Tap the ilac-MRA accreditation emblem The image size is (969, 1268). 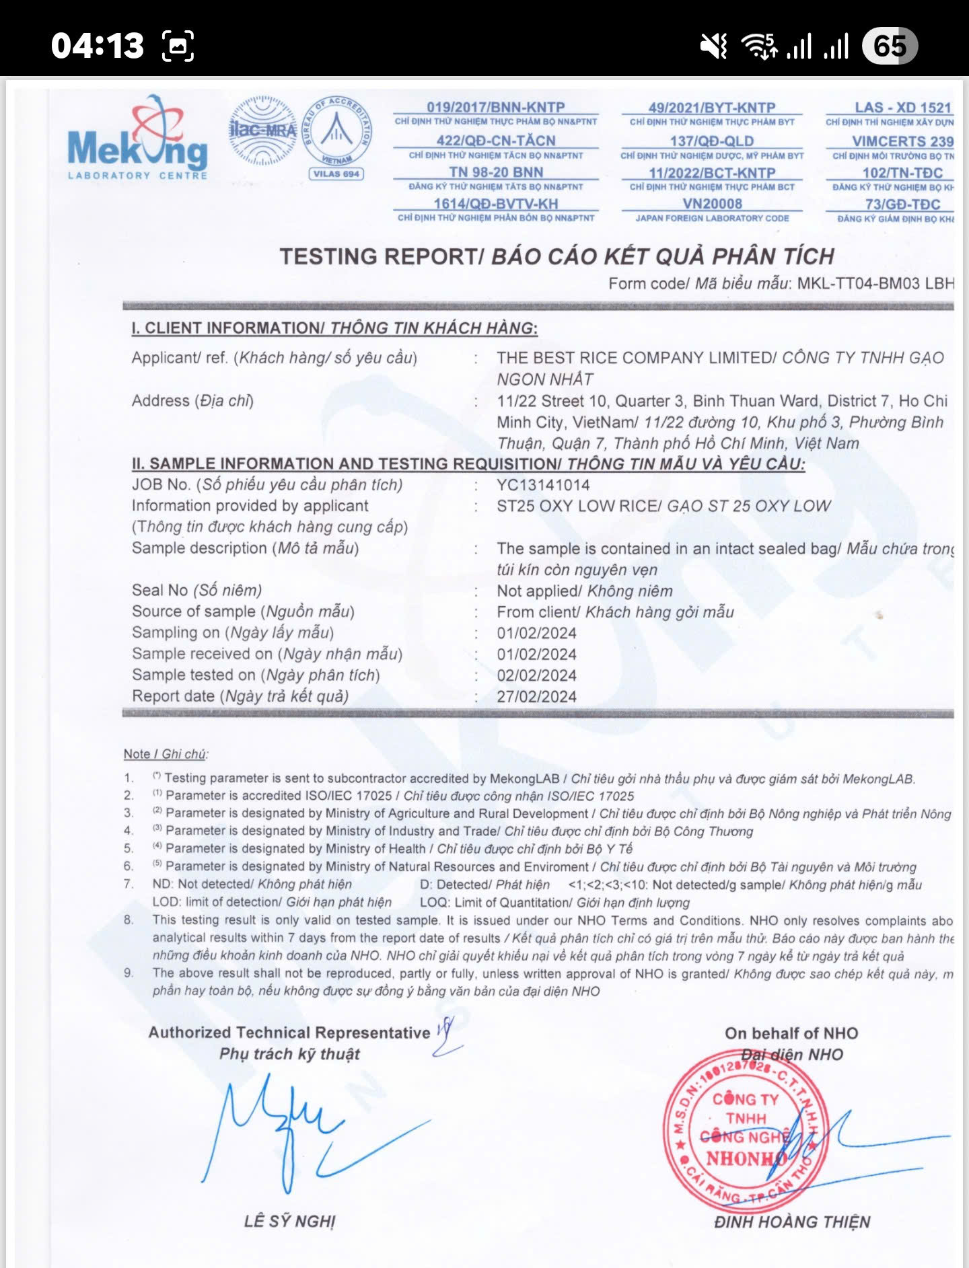pyautogui.click(x=262, y=130)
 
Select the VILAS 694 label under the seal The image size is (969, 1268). pyautogui.click(x=336, y=174)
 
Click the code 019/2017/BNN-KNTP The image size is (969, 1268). pyautogui.click(x=495, y=107)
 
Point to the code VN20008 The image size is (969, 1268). pyautogui.click(x=712, y=204)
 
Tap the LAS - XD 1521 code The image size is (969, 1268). pyautogui.click(x=902, y=108)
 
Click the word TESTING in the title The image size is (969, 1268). pyautogui.click(x=328, y=256)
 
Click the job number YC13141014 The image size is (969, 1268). pyautogui.click(x=543, y=485)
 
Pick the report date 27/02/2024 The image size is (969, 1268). pyautogui.click(x=536, y=697)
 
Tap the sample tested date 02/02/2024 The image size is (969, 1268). pyautogui.click(x=536, y=675)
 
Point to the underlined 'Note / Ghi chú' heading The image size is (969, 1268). pyautogui.click(x=166, y=754)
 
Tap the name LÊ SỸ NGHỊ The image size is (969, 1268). pyautogui.click(x=289, y=1221)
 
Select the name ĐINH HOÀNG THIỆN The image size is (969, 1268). pyautogui.click(x=791, y=1222)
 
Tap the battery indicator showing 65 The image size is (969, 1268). pyautogui.click(x=890, y=46)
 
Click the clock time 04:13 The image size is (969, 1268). pyautogui.click(x=98, y=46)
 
